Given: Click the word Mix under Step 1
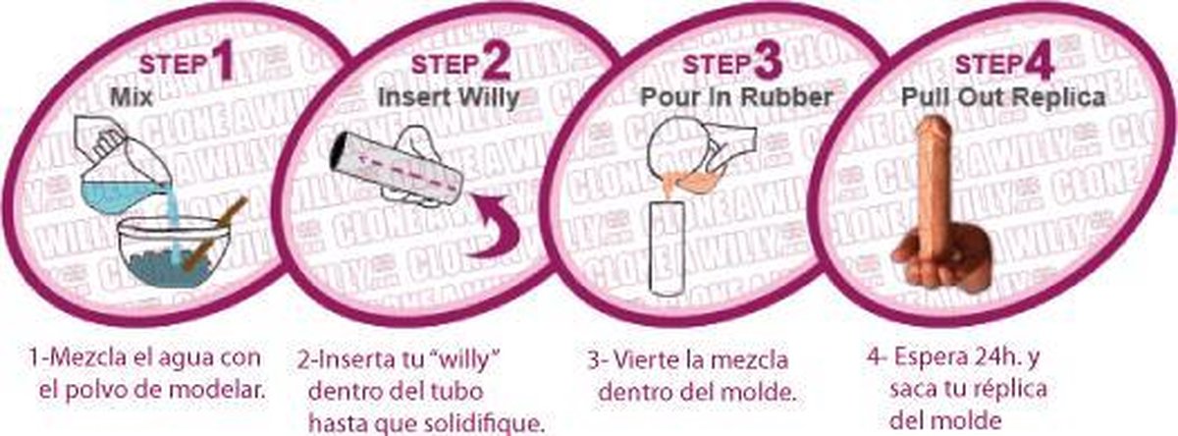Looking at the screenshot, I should (x=128, y=98).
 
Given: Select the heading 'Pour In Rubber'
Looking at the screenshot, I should (x=736, y=97).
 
